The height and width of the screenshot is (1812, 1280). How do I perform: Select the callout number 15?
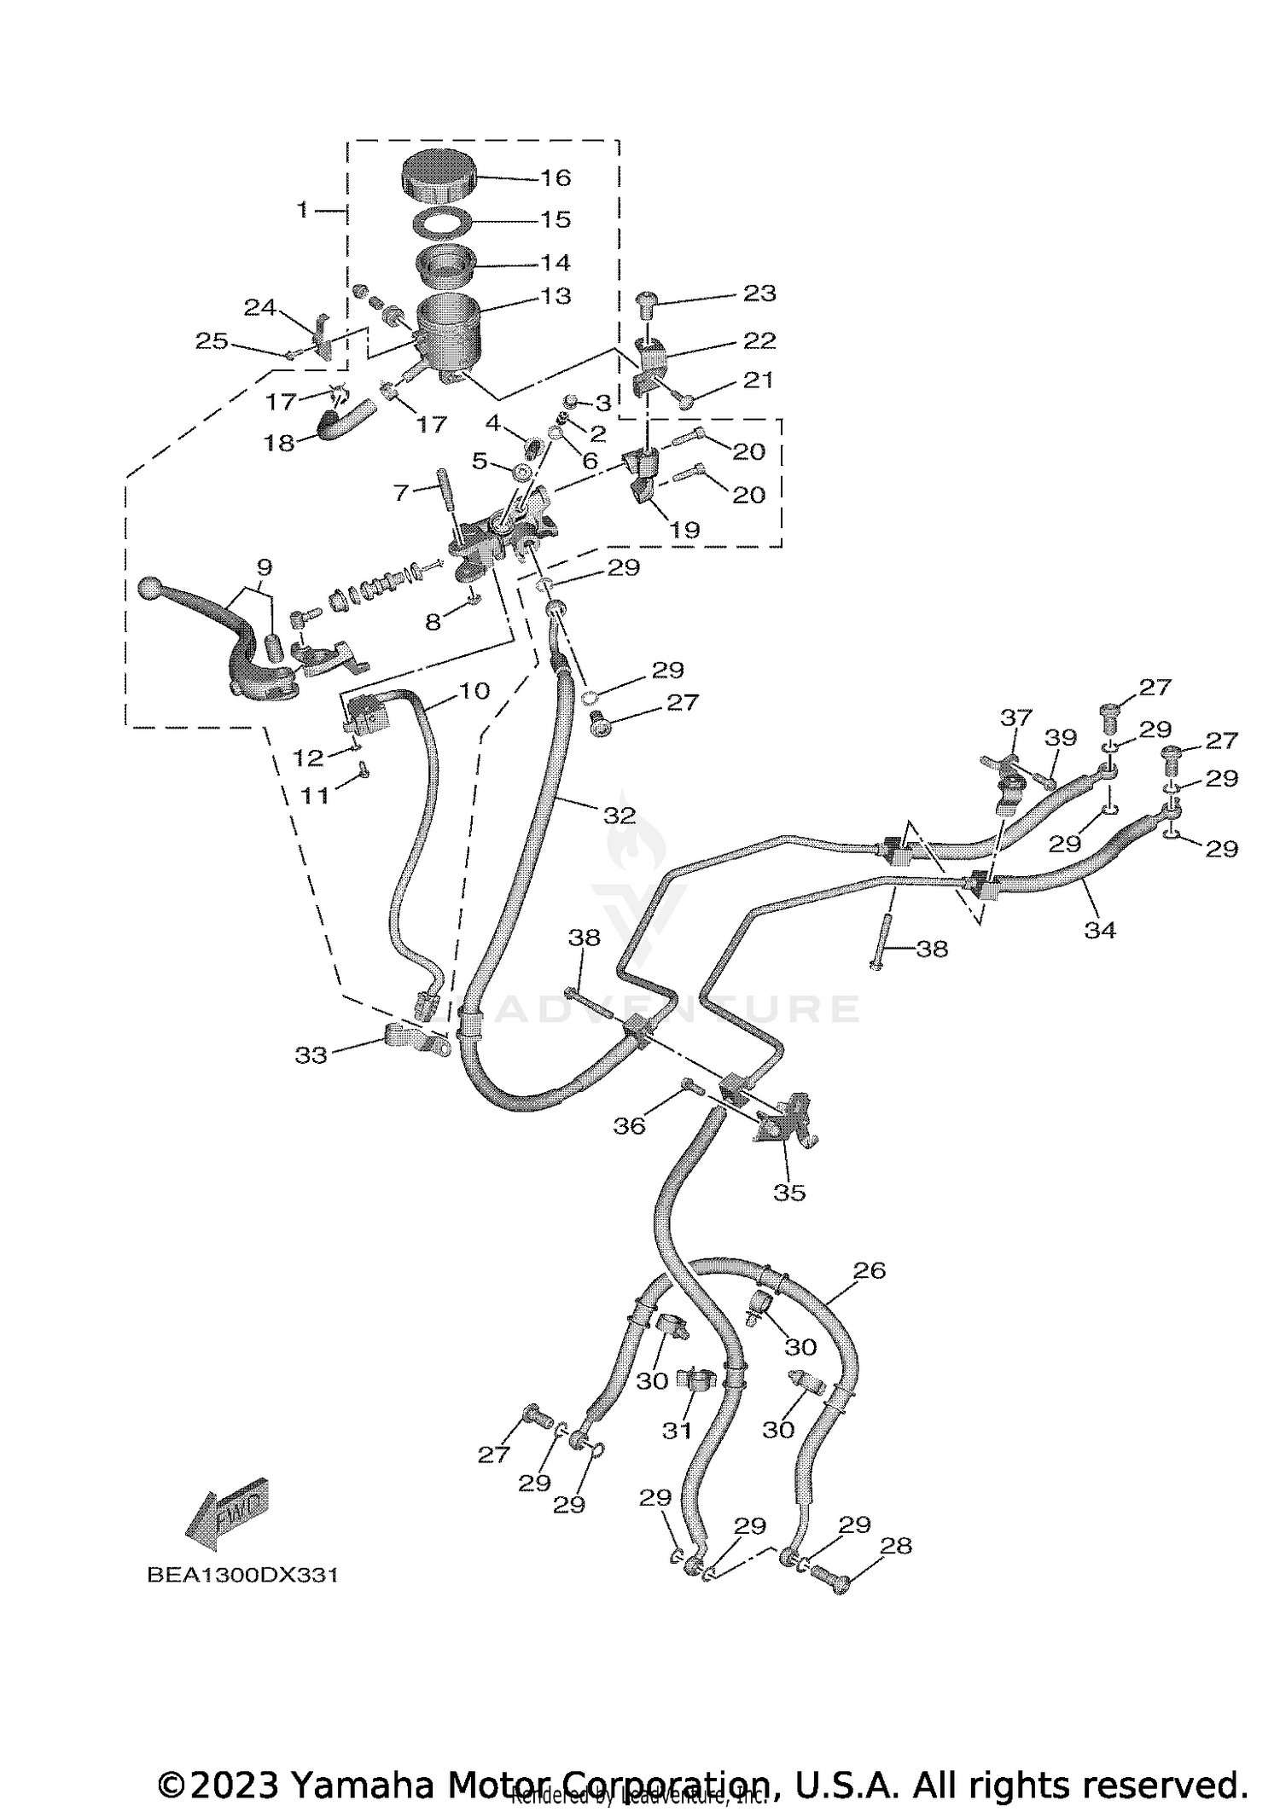pyautogui.click(x=556, y=219)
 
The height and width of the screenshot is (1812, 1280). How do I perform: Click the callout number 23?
pyautogui.click(x=759, y=293)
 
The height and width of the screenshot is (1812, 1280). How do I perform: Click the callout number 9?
pyautogui.click(x=264, y=567)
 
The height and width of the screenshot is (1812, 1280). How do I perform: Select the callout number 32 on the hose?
pyautogui.click(x=620, y=816)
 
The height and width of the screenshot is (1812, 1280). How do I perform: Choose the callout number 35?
pyautogui.click(x=789, y=1193)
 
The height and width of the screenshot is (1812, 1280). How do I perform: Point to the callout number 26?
pyautogui.click(x=869, y=1294)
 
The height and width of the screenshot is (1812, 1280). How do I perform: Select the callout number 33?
pyautogui.click(x=311, y=1055)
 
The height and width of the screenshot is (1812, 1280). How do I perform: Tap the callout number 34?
pyautogui.click(x=1100, y=930)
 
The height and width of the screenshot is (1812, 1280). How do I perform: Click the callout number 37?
pyautogui.click(x=1016, y=717)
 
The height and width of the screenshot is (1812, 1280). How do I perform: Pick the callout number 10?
pyautogui.click(x=474, y=691)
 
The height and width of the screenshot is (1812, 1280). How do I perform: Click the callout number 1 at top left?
pyautogui.click(x=301, y=208)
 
